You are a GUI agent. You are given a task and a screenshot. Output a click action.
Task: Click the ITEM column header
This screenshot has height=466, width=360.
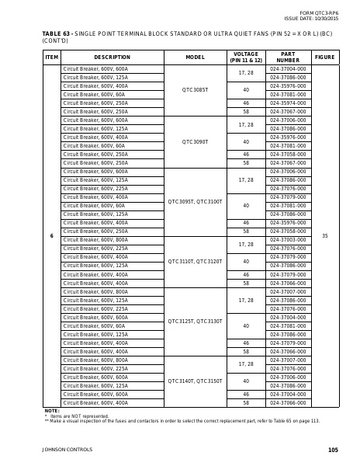[x=52, y=57]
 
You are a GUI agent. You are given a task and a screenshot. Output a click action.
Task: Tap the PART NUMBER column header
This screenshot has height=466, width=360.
[x=287, y=57]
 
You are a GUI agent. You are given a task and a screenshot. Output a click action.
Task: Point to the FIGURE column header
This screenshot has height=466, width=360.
[x=324, y=57]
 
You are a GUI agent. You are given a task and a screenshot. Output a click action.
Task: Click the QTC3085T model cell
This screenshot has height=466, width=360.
[x=196, y=90]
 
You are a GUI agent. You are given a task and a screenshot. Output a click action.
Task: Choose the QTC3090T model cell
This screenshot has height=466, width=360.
[x=196, y=141]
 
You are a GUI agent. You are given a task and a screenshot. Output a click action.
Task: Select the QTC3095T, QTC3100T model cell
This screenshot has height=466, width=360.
[x=196, y=201]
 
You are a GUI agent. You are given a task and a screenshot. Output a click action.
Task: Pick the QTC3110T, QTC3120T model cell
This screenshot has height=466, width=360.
[x=196, y=261]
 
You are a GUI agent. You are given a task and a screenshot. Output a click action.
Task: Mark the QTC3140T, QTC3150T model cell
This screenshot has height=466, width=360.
[x=196, y=381]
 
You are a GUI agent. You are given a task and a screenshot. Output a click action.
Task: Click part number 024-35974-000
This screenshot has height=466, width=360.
[x=287, y=103]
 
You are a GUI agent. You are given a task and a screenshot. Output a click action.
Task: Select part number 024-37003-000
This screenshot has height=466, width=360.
[x=287, y=240]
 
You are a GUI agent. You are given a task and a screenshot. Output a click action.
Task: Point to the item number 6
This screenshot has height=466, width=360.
[x=52, y=235]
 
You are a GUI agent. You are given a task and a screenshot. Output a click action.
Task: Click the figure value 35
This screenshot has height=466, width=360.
[x=324, y=235]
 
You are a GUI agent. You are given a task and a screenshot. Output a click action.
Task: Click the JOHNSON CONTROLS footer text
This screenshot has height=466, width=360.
[x=67, y=450]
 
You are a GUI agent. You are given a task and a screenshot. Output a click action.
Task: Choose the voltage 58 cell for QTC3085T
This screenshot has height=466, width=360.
[x=246, y=111]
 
